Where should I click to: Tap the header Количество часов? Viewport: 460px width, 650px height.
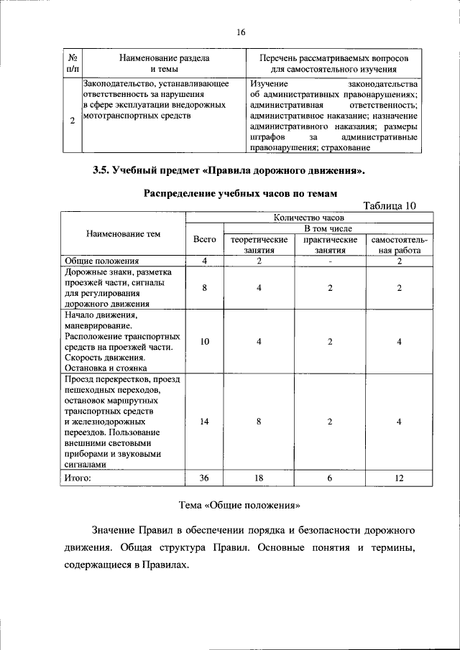pos(309,216)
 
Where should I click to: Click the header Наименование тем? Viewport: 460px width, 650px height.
pos(123,234)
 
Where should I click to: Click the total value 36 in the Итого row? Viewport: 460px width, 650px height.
pos(205,478)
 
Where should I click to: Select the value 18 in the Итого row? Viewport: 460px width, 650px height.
pos(259,478)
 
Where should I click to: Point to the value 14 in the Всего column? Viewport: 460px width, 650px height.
pos(205,422)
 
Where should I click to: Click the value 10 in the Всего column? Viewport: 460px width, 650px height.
pos(205,342)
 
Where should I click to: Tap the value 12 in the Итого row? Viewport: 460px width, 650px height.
pos(399,478)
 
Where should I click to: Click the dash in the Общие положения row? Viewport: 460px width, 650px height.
pos(330,261)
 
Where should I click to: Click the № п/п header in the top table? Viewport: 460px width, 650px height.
pos(73,63)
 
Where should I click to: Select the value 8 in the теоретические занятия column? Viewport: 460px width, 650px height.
pos(259,422)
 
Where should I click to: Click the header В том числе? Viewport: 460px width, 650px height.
pos(330,228)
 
